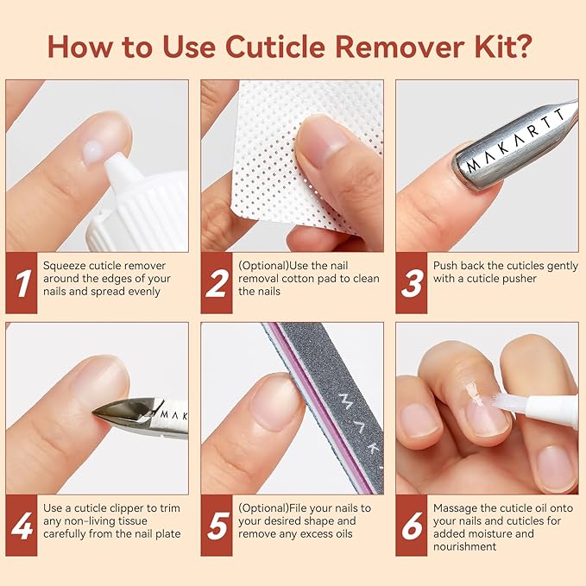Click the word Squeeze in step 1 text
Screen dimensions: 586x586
(66, 266)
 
